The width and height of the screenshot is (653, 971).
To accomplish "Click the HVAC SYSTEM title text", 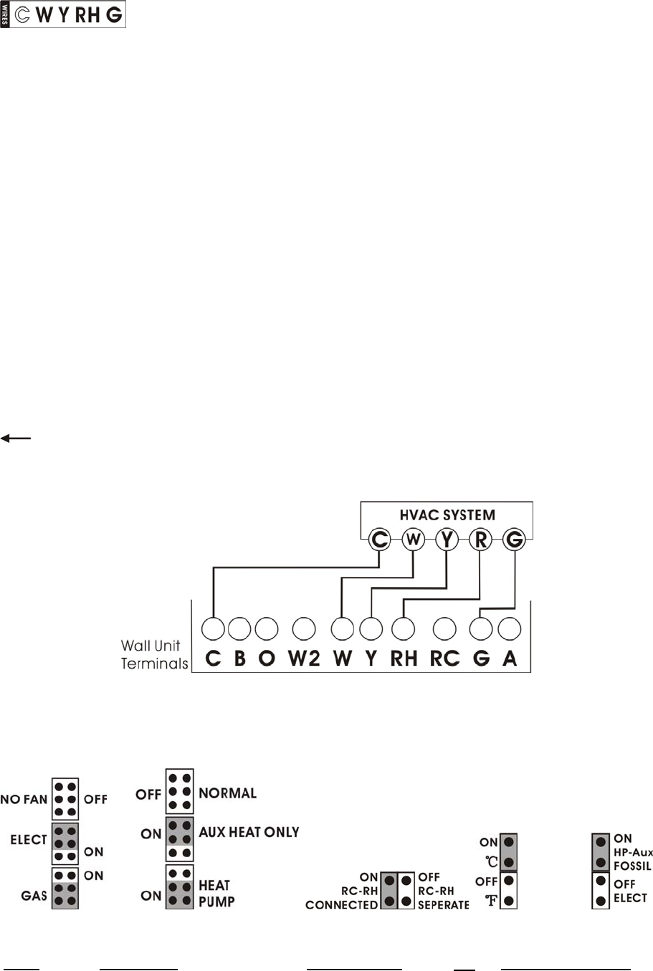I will [447, 515].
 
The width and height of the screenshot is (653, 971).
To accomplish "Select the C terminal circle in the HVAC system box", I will [379, 539].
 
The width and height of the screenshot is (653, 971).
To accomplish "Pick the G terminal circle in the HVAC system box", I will [514, 539].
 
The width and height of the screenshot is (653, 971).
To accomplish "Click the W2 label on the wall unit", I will [304, 659].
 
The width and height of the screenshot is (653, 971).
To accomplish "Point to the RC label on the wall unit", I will [444, 659].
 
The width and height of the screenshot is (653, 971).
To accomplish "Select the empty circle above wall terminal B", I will [239, 628].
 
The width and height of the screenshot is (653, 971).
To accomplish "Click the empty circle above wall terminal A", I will [509, 628].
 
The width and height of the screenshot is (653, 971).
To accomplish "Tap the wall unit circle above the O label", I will [267, 628].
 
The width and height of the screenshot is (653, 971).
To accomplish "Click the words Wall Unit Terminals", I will [153, 655].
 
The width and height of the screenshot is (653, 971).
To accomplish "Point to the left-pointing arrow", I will [15, 438].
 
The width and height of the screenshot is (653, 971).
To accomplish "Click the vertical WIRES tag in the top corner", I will [5, 14].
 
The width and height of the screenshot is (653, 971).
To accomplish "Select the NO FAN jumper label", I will [24, 799].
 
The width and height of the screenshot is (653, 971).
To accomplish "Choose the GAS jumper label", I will [34, 895].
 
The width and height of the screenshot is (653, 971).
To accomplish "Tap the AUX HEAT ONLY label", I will [249, 832].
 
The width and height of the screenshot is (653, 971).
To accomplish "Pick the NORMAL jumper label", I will [227, 793].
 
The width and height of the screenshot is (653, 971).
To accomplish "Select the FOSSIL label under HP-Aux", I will [632, 866].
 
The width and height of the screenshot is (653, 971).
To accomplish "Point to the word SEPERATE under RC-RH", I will [443, 905].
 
